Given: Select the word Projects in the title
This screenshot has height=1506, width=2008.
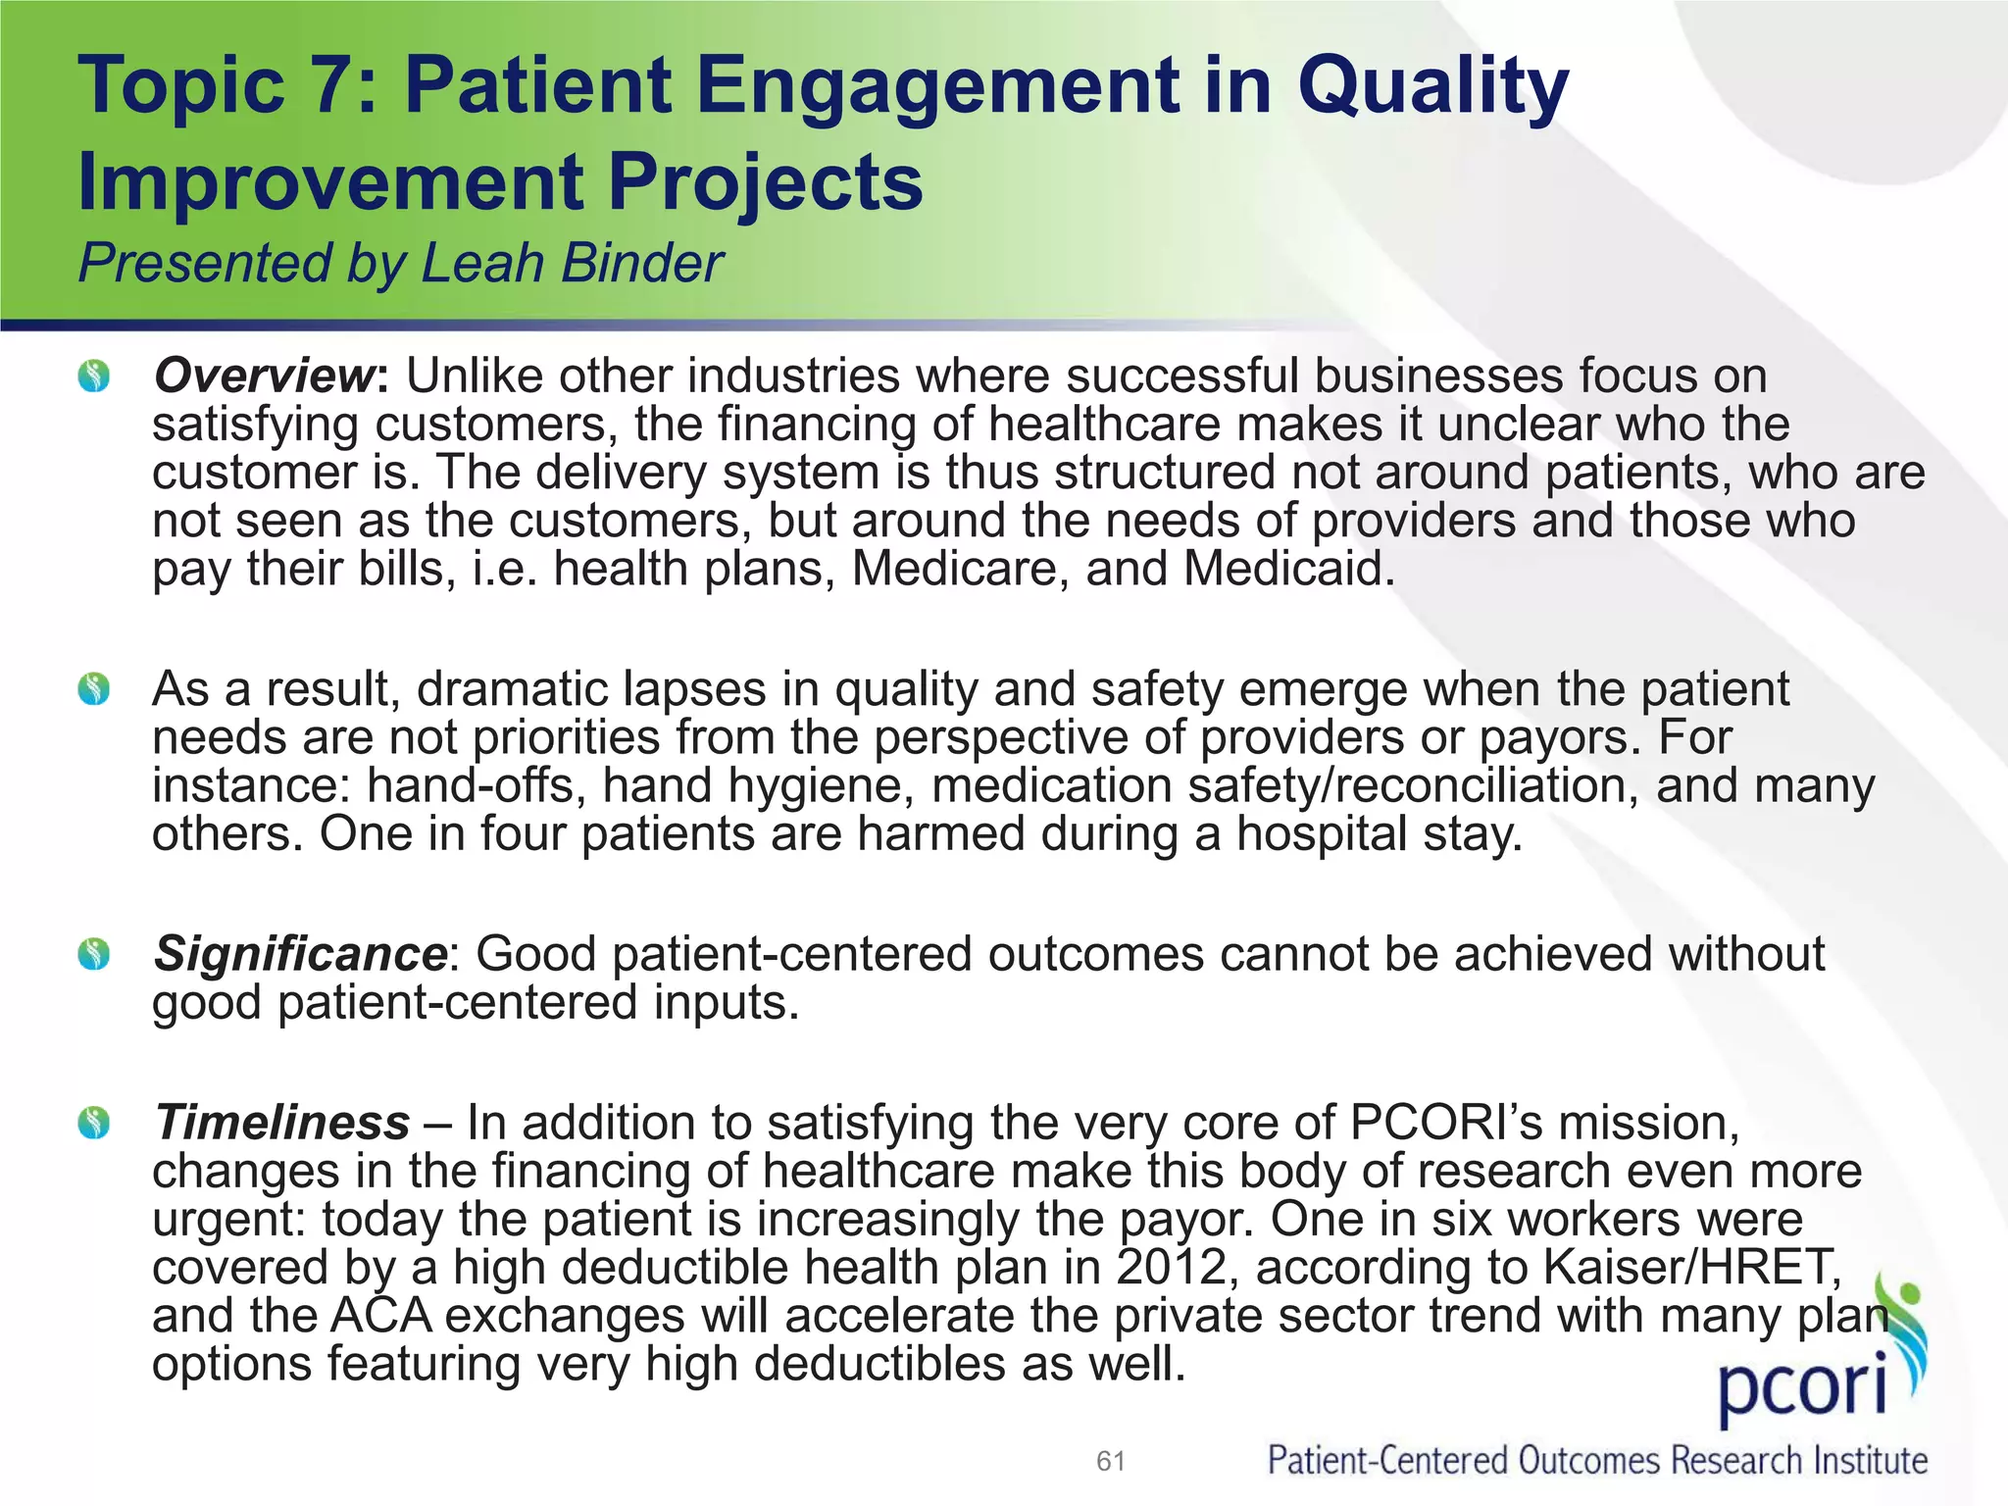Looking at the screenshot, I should click(765, 182).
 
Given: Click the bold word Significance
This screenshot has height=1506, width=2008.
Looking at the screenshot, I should click(300, 954).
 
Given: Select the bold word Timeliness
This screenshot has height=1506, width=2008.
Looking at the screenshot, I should click(282, 1123).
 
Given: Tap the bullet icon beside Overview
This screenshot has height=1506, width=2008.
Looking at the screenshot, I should click(94, 376).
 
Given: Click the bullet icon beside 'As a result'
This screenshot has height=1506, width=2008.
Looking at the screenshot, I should click(94, 690).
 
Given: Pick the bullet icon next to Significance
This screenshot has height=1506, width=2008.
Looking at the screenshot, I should click(94, 954).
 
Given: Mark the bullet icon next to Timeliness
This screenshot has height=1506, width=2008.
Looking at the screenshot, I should click(94, 1123).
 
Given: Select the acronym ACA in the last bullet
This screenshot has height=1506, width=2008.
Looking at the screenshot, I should click(380, 1316).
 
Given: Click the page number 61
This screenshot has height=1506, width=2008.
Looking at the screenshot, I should click(1110, 1462).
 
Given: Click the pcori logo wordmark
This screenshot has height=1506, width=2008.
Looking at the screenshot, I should click(1802, 1394).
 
